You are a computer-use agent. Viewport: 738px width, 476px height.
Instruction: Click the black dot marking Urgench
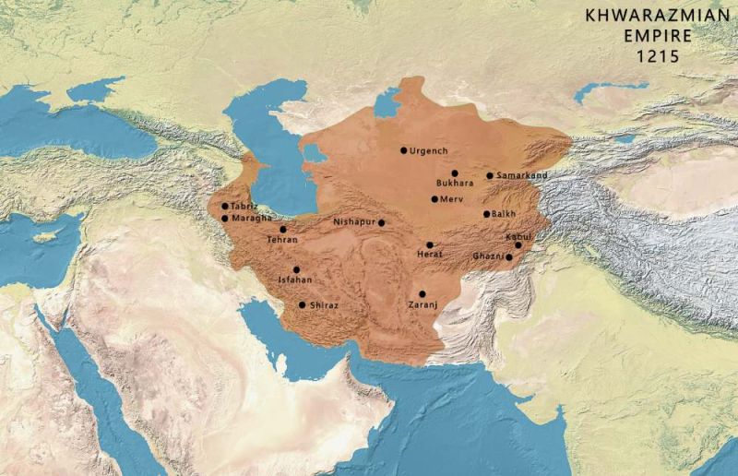(x=403, y=149)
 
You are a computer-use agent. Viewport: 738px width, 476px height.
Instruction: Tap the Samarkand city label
(x=522, y=175)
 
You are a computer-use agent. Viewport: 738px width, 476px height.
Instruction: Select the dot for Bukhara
(x=455, y=173)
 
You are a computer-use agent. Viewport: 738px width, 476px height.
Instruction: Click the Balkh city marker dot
(x=486, y=214)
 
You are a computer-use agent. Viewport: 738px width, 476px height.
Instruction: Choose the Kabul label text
(x=518, y=237)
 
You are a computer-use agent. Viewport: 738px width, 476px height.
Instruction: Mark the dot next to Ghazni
(x=509, y=256)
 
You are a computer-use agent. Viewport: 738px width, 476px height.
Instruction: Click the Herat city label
(x=429, y=254)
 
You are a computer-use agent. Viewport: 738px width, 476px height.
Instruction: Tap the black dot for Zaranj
(x=422, y=293)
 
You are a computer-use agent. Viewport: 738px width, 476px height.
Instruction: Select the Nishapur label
(x=354, y=222)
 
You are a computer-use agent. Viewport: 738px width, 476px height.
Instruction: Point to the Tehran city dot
(x=283, y=229)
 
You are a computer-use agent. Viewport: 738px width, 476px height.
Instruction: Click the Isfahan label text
(x=295, y=279)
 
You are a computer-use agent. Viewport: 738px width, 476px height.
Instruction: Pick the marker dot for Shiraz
(x=302, y=304)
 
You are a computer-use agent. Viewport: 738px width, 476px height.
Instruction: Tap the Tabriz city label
(x=244, y=206)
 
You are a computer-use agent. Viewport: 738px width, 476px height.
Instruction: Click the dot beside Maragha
(x=225, y=219)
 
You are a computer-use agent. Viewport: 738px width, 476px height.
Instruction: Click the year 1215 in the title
(x=657, y=55)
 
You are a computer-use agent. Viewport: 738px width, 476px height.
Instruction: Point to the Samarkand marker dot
(x=490, y=175)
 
